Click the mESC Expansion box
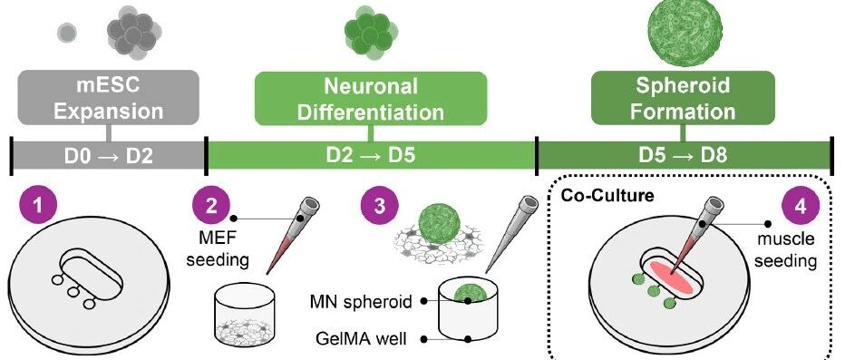click(108, 98)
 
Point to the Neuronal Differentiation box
click(371, 98)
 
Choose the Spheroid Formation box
click(683, 98)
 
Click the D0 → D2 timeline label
click(108, 156)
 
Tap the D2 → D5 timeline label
click(371, 156)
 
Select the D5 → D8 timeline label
click(683, 156)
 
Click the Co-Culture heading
click(607, 195)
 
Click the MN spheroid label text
click(361, 302)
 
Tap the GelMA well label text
click(361, 339)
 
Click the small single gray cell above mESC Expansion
click(67, 33)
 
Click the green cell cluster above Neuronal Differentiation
click(371, 32)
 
